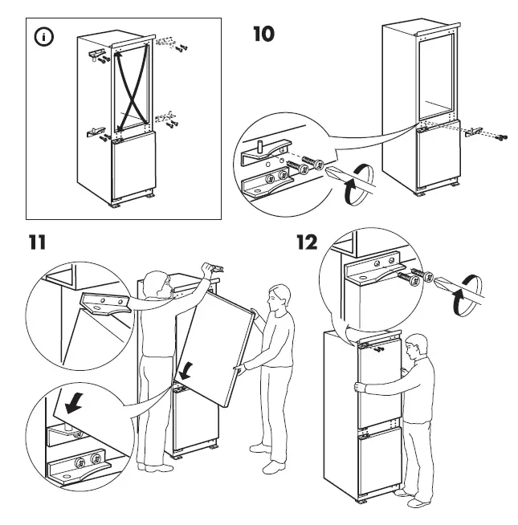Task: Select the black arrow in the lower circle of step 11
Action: coord(72,405)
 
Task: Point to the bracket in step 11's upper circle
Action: coord(105,305)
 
